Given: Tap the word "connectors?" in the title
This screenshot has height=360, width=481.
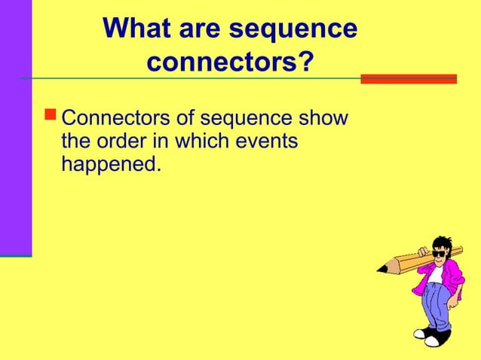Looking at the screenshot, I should (229, 63).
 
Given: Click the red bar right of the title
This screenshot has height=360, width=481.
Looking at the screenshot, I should (409, 78).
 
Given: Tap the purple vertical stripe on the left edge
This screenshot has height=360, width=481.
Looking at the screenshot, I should (15, 128).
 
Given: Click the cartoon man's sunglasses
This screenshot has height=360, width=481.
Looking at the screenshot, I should (438, 255).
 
